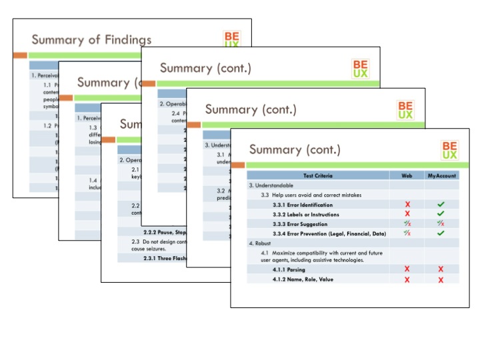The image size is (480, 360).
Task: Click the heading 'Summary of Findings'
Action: pyautogui.click(x=91, y=40)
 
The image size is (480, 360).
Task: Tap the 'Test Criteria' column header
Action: pyautogui.click(x=318, y=176)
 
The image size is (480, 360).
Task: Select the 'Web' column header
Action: pyautogui.click(x=407, y=176)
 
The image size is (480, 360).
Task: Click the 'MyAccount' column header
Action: pyautogui.click(x=441, y=176)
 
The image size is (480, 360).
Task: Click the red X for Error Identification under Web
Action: pyautogui.click(x=407, y=205)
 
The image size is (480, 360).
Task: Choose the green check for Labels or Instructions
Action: pyautogui.click(x=441, y=214)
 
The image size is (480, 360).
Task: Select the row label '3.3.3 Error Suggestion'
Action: pyautogui.click(x=299, y=224)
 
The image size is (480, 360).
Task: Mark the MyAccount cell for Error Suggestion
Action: pyautogui.click(x=441, y=224)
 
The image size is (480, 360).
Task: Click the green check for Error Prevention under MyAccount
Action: pyautogui.click(x=441, y=233)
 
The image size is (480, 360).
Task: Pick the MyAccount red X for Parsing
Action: pyautogui.click(x=441, y=269)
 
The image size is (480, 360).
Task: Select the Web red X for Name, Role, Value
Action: pyautogui.click(x=407, y=279)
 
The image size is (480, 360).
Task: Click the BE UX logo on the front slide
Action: pyautogui.click(x=449, y=150)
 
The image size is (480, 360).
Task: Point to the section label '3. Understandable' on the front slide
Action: pyautogui.click(x=273, y=185)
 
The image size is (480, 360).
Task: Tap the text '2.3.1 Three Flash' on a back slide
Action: pyautogui.click(x=152, y=257)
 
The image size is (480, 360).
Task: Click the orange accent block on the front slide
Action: pyautogui.click(x=237, y=165)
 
